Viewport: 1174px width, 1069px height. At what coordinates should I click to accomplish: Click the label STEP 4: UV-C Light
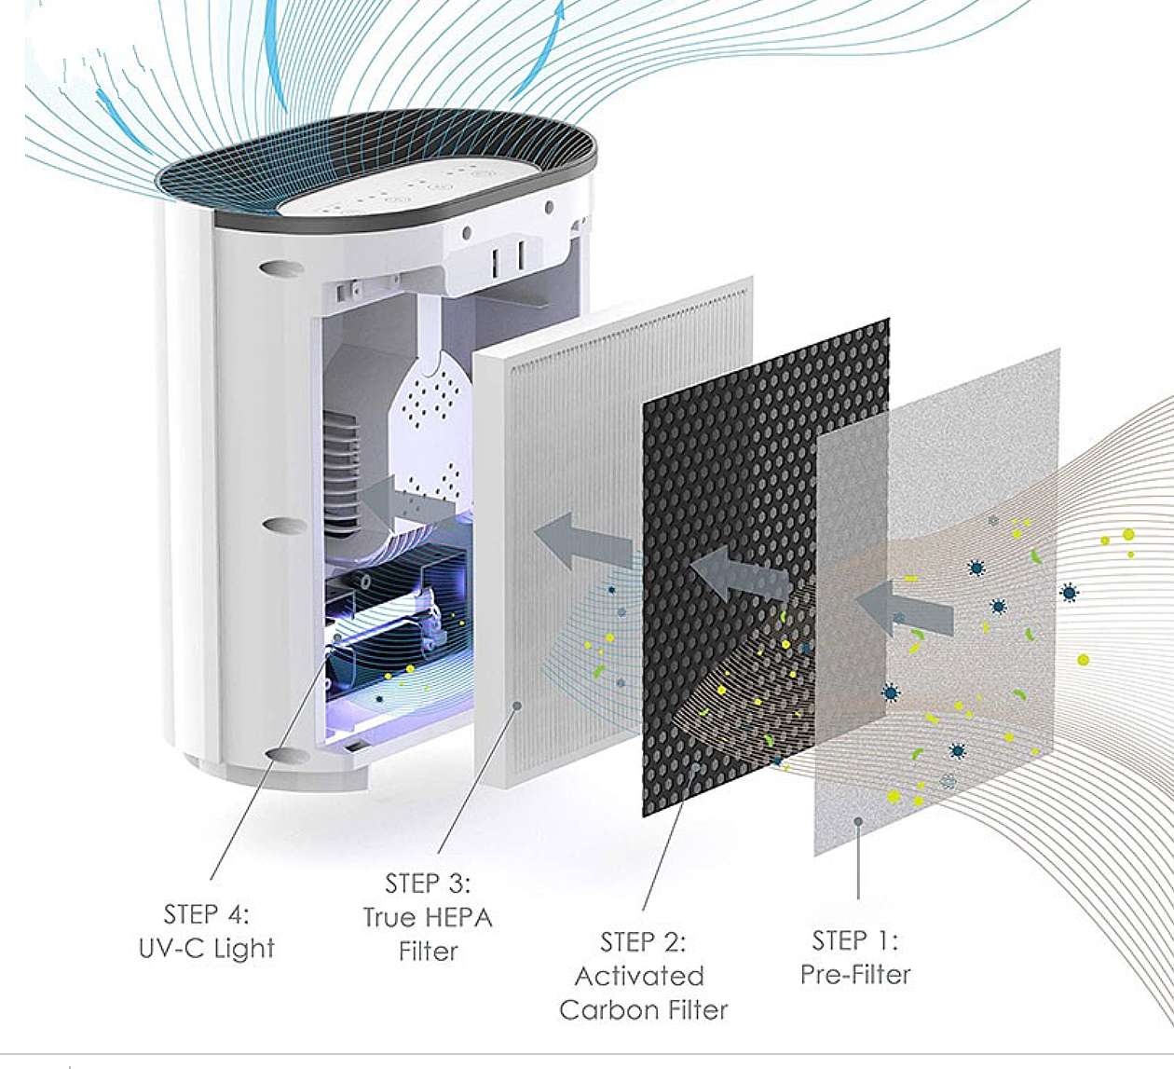tap(207, 931)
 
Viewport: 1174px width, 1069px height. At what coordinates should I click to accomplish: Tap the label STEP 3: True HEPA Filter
tap(428, 917)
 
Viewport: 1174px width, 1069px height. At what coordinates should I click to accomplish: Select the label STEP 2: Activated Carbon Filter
tap(643, 976)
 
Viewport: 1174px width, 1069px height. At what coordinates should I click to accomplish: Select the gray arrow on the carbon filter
tap(741, 574)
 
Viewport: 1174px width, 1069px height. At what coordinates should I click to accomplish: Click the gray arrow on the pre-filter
tap(904, 609)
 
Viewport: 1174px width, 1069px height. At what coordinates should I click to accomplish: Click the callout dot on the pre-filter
tap(858, 821)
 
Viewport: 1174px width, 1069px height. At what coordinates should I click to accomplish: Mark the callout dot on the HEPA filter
tap(517, 706)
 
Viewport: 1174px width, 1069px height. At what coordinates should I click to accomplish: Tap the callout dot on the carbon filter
tap(695, 767)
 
